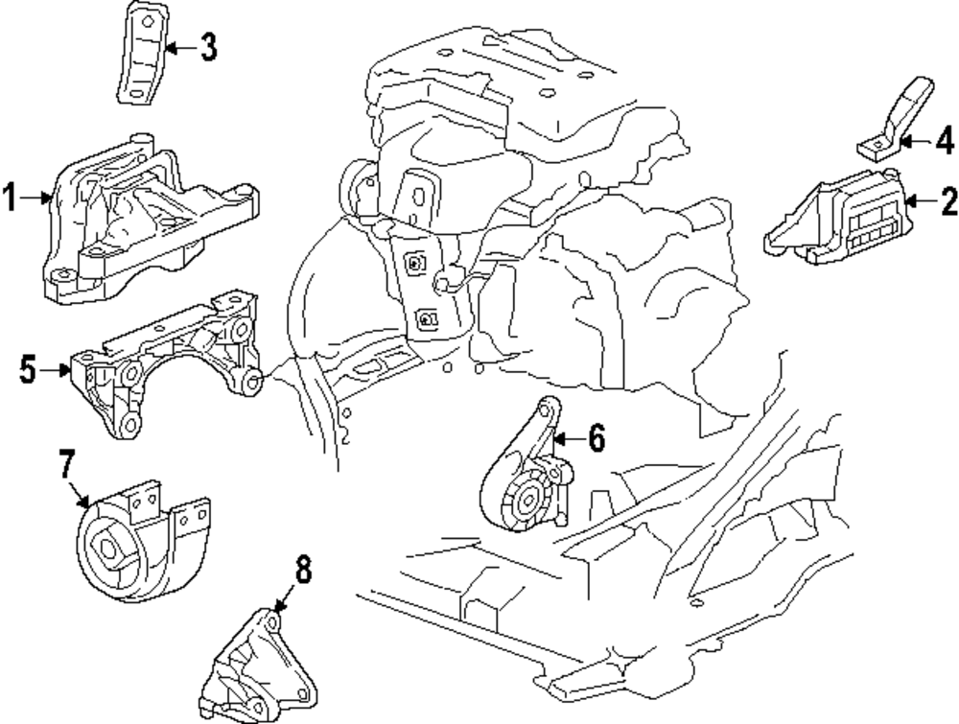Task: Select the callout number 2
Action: click(x=947, y=201)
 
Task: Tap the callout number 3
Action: click(x=208, y=46)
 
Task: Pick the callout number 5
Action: click(x=28, y=367)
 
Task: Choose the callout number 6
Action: click(x=596, y=438)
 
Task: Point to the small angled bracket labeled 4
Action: click(x=887, y=125)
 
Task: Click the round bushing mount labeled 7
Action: click(x=129, y=547)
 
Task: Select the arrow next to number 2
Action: click(x=918, y=201)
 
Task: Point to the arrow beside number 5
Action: click(x=55, y=367)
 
